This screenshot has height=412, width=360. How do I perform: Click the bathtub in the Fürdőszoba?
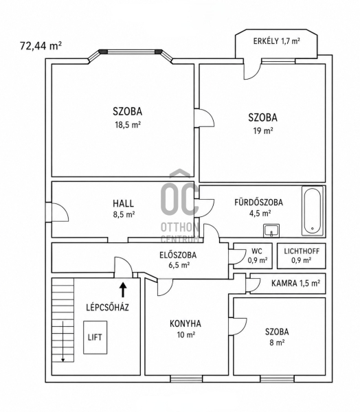tap(313, 211)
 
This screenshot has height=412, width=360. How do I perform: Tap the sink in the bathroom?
tap(271, 231)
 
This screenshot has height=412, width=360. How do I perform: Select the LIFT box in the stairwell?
tap(95, 337)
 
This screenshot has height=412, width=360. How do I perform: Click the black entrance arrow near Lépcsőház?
tap(123, 290)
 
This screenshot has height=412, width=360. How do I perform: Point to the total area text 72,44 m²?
tap(41, 46)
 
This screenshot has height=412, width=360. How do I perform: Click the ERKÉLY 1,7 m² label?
tap(277, 41)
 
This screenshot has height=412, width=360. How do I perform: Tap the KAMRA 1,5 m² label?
tap(295, 283)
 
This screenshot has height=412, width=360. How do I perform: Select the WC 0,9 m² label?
tap(257, 255)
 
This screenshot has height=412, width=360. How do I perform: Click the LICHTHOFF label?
tap(302, 251)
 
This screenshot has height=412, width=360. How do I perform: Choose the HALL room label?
tap(124, 203)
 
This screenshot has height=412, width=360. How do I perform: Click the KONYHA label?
tap(185, 323)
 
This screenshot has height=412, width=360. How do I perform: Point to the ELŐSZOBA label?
tap(178, 255)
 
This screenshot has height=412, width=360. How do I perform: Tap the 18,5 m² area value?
tap(128, 124)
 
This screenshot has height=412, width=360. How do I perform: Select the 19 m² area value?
tap(263, 130)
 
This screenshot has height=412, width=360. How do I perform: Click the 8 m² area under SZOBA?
tap(277, 343)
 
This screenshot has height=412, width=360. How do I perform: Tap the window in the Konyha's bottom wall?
tap(186, 378)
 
